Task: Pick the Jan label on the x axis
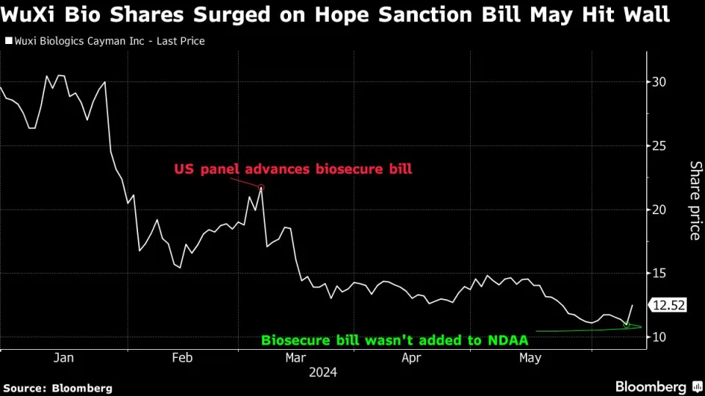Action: [64, 358]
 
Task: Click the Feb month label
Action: [182, 358]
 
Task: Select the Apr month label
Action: [412, 358]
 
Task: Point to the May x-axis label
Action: [530, 358]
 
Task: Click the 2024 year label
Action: [323, 373]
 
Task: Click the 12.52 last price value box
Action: [668, 306]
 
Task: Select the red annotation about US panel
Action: [293, 169]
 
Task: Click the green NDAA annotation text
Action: [395, 340]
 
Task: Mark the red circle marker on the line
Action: [261, 188]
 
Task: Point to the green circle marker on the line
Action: [626, 324]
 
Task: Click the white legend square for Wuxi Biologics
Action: [8, 42]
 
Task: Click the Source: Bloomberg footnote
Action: [58, 388]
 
